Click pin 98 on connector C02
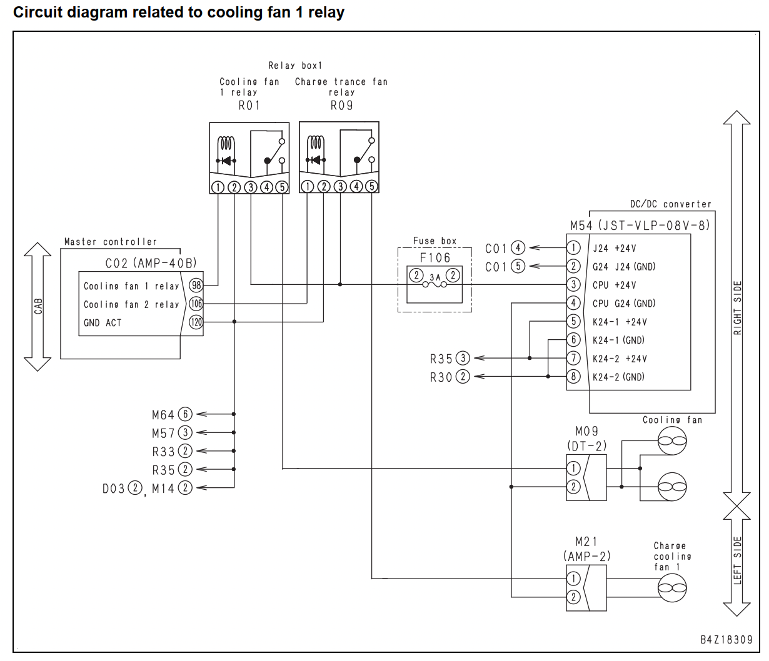coord(196,285)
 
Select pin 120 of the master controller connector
coord(196,322)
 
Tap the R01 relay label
coord(249,106)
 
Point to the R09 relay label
coord(341,106)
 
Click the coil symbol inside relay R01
coord(226,144)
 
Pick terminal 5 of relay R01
coord(282,187)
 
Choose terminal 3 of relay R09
coord(340,186)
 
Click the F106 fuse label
coord(435,257)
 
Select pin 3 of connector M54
coord(573,285)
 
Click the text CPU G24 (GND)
coord(624,304)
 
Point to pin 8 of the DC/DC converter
coord(573,377)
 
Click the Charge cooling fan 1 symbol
coord(672,588)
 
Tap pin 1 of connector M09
coord(573,469)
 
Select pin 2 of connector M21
coord(573,597)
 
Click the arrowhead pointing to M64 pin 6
coord(201,414)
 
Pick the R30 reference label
coord(441,377)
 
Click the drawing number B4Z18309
coord(726,639)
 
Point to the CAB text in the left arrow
coord(38,306)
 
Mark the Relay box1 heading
coord(295,66)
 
